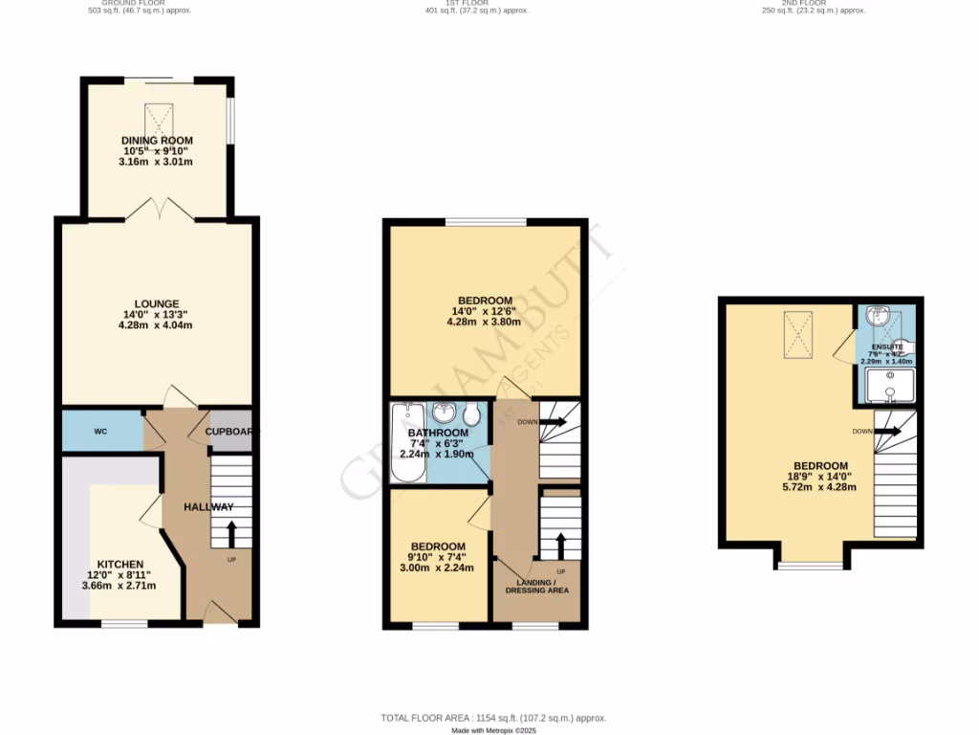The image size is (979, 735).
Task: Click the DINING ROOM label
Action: pyautogui.click(x=156, y=141)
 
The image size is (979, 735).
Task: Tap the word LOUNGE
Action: pyautogui.click(x=157, y=304)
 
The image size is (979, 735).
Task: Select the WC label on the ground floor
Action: pyautogui.click(x=100, y=432)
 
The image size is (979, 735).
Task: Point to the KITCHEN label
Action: pyautogui.click(x=120, y=565)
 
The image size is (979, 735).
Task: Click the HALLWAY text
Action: pyautogui.click(x=209, y=507)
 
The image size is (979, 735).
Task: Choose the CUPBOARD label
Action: pyautogui.click(x=229, y=432)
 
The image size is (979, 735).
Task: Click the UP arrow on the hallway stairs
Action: pyautogui.click(x=230, y=531)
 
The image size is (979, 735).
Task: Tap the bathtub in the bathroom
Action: pyautogui.click(x=406, y=445)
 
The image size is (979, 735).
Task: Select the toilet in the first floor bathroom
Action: pyautogui.click(x=471, y=414)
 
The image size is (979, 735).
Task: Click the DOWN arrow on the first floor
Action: pyautogui.click(x=554, y=420)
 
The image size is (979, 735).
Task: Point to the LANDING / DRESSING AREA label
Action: pyautogui.click(x=537, y=586)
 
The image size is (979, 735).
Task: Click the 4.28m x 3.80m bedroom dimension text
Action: pyautogui.click(x=484, y=323)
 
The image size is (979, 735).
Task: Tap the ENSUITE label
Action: pyautogui.click(x=886, y=347)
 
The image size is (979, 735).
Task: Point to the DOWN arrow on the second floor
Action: pyautogui.click(x=888, y=432)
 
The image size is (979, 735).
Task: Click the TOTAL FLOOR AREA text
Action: pyautogui.click(x=493, y=718)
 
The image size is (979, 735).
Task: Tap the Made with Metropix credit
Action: pyautogui.click(x=494, y=730)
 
